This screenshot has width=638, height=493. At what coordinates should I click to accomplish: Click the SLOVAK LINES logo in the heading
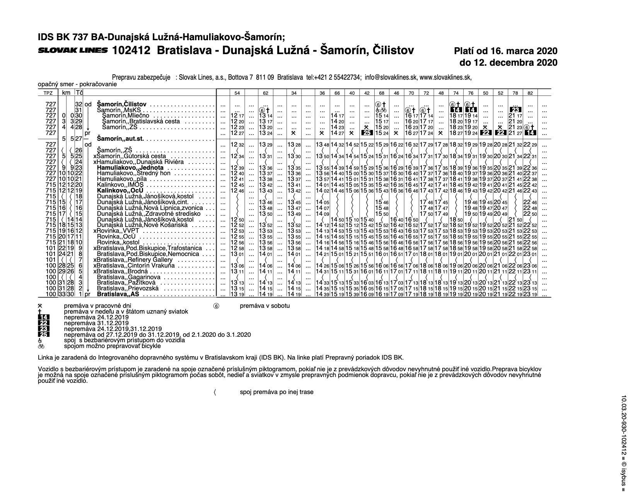tap(73, 51)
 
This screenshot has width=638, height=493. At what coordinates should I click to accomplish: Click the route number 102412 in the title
tap(131, 51)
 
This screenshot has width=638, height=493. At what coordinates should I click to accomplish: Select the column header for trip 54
tap(237, 93)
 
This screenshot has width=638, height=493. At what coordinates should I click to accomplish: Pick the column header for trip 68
tap(381, 93)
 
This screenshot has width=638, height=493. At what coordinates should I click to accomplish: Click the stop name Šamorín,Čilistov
tap(122, 104)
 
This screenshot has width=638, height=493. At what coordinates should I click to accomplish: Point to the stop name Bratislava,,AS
tap(118, 294)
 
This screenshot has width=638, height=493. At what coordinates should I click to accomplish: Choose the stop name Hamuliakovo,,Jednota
tap(130, 168)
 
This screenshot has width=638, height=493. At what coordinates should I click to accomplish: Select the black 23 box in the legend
tap(44, 329)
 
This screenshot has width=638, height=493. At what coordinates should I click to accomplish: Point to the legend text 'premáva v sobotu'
tap(264, 305)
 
